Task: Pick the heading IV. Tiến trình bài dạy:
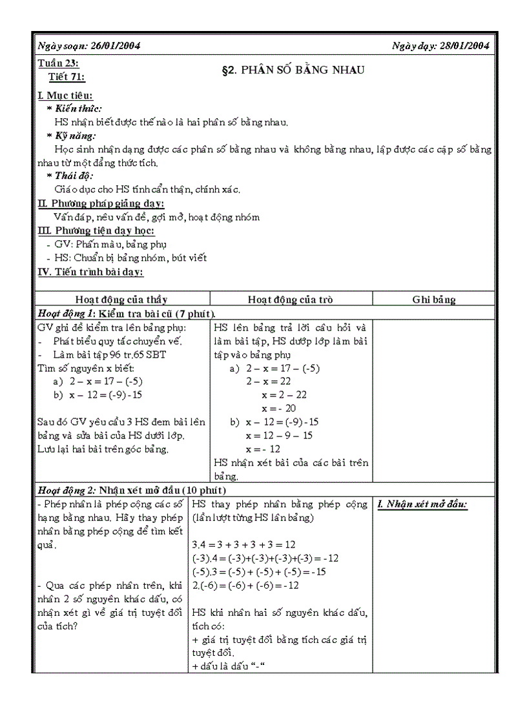click(91, 271)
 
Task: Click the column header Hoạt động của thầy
click(121, 300)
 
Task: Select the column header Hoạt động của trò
click(291, 300)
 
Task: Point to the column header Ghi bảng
click(433, 300)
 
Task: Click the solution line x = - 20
click(279, 409)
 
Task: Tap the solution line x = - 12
click(263, 449)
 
